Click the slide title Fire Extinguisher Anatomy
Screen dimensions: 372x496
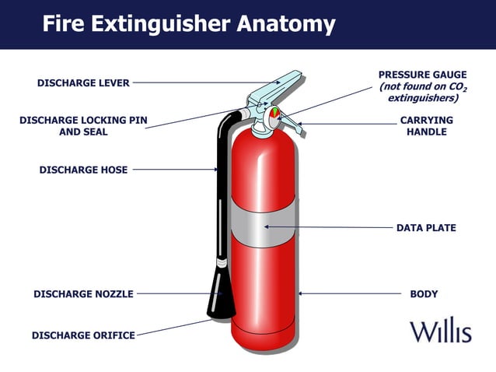(x=188, y=23)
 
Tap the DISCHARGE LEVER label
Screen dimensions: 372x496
(x=83, y=82)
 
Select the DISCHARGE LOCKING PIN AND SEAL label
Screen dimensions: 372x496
(x=83, y=126)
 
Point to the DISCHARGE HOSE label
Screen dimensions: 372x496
(x=83, y=169)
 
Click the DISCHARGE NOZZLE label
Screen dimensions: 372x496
(x=83, y=294)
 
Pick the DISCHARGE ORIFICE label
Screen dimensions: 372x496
(x=83, y=335)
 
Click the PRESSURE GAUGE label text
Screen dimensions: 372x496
(x=422, y=75)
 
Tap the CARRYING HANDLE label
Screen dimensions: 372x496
(x=426, y=126)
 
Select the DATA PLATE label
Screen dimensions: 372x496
(x=426, y=228)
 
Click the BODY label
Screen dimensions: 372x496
(x=424, y=294)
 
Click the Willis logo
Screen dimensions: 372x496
(x=441, y=331)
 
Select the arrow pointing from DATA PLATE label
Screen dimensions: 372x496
(x=327, y=227)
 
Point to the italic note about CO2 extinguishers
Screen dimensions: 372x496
(x=422, y=93)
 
